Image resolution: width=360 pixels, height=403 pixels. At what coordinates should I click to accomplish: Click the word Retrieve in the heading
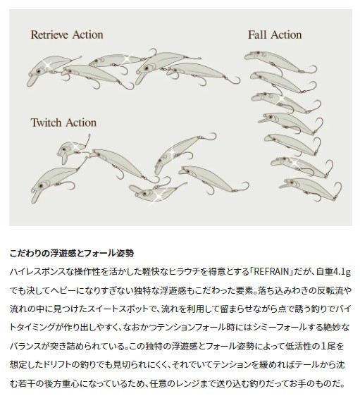pyautogui.click(x=49, y=35)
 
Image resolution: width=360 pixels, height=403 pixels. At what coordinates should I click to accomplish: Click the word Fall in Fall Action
pyautogui.click(x=257, y=35)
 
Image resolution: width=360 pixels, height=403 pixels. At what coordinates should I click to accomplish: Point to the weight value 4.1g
pyautogui.click(x=342, y=272)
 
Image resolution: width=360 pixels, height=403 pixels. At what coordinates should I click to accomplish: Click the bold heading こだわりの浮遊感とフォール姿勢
pyautogui.click(x=72, y=254)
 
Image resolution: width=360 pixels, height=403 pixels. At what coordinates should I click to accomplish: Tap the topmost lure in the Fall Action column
pyautogui.click(x=280, y=62)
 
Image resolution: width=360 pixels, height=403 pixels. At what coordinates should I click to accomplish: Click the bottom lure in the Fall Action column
pyautogui.click(x=311, y=189)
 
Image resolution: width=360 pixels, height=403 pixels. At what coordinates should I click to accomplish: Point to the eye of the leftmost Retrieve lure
pyautogui.click(x=38, y=71)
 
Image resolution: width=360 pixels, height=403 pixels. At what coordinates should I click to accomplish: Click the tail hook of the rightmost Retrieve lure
pyautogui.click(x=232, y=80)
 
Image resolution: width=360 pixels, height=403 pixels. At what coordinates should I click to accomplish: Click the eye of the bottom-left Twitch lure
pyautogui.click(x=41, y=185)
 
